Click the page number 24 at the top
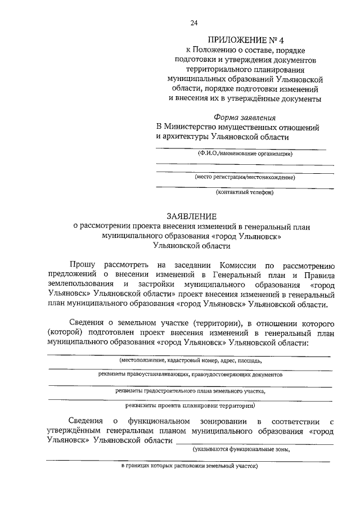[193, 23]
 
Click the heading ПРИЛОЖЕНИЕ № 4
[244, 40]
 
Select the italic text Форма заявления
[245, 117]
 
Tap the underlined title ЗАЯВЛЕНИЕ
[191, 215]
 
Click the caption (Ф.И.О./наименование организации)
[244, 153]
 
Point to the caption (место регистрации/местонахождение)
[245, 177]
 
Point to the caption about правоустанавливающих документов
[189, 373]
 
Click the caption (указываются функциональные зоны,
[242, 449]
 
